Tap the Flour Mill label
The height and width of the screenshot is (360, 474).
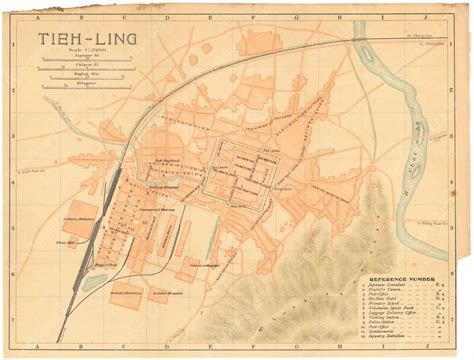pos(39,240)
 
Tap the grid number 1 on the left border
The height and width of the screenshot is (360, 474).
pos(8,41)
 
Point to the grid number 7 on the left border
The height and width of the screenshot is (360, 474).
pos(8,324)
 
